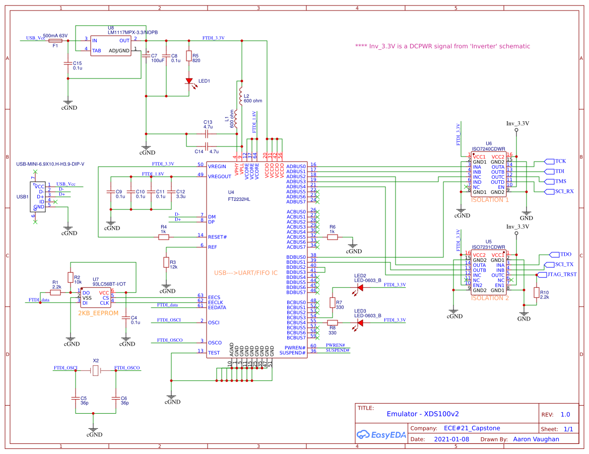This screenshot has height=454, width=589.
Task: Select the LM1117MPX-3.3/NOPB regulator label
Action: pos(133,32)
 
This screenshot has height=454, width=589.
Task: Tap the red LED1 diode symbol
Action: pos(189,81)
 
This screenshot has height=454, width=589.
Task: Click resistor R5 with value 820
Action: pos(189,56)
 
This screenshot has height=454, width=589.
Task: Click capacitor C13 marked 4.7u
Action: pos(207,133)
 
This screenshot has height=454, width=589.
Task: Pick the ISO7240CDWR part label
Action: pos(488,149)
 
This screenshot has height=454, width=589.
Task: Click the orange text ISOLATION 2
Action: pos(490,298)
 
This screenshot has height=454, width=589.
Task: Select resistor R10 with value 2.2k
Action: pos(537,293)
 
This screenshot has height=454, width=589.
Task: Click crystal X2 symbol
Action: pos(96,370)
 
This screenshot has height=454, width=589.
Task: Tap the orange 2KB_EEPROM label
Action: pos(98,313)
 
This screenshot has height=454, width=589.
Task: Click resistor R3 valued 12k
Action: pos(166,262)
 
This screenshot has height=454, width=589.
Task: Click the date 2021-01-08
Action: pos(451,439)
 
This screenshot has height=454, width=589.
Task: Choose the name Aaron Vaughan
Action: pos(536,439)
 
